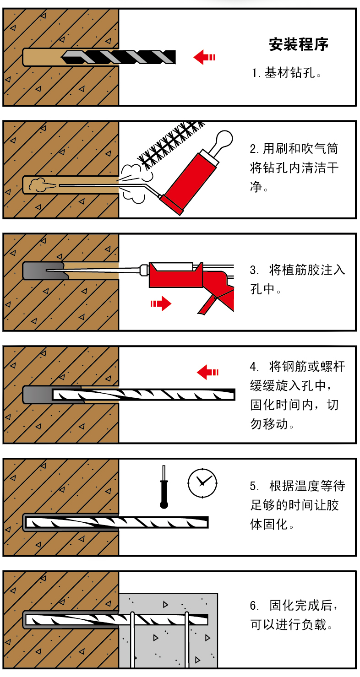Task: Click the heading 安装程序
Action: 298,44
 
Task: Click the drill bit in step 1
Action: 119,57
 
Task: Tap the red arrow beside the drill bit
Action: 204,57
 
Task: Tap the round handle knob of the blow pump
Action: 224,138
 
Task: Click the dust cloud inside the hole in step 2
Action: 38,185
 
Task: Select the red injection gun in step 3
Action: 191,287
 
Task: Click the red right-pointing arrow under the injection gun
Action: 161,303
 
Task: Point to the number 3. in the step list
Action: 254,270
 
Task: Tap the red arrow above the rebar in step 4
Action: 207,372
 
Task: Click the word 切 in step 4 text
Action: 333,405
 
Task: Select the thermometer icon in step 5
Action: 164,487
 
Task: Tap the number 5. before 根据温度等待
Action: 254,486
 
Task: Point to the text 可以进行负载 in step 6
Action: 288,625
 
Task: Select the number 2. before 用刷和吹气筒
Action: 254,149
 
